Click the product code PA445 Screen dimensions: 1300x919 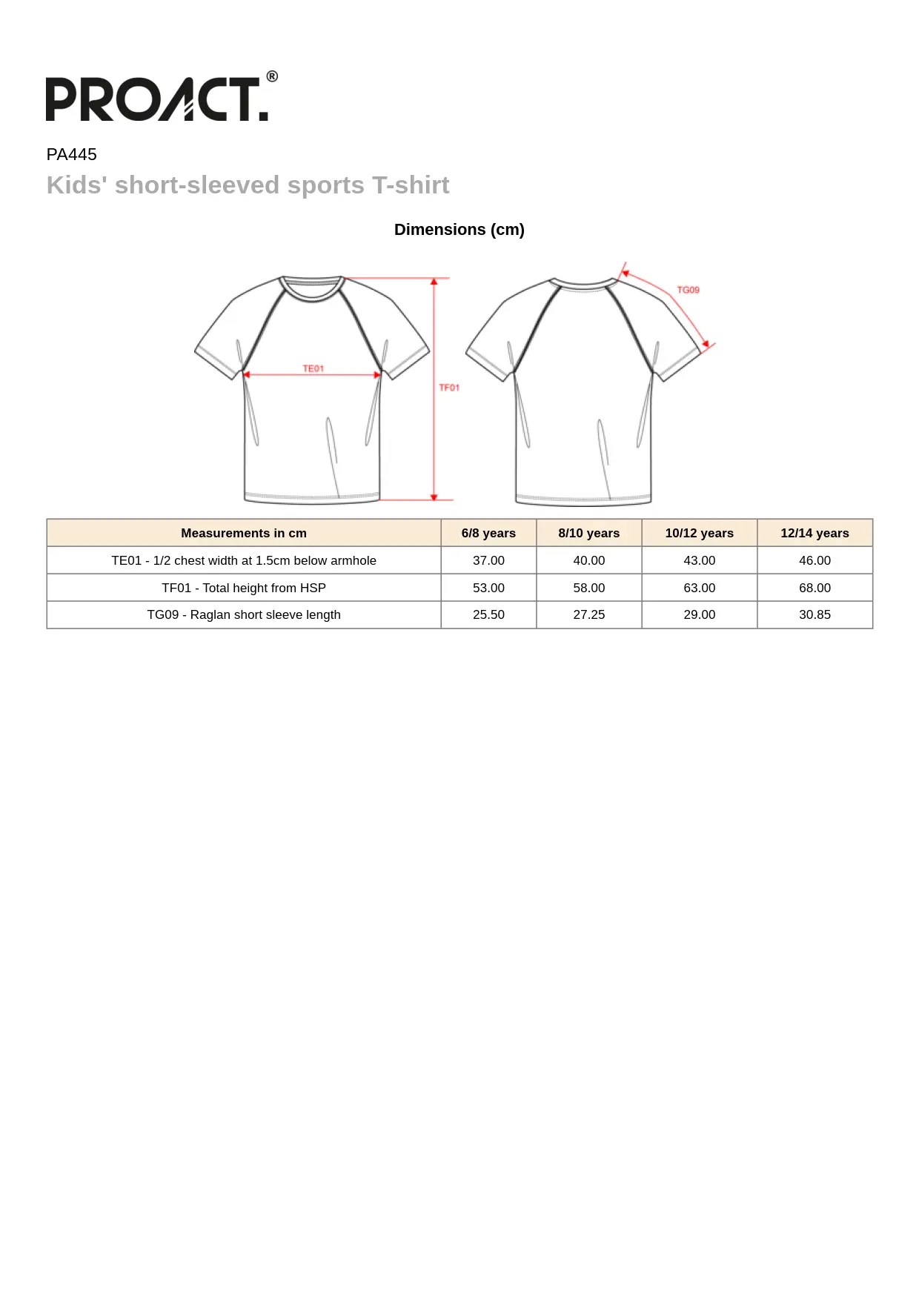pyautogui.click(x=72, y=154)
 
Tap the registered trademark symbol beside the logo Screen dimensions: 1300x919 pyautogui.click(x=272, y=76)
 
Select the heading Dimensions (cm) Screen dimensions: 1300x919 pyautogui.click(x=459, y=230)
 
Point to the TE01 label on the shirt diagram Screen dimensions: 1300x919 pyautogui.click(x=313, y=368)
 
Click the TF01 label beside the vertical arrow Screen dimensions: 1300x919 pyautogui.click(x=449, y=388)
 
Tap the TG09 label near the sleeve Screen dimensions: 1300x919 pyautogui.click(x=688, y=290)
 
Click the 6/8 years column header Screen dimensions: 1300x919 pyautogui.click(x=488, y=533)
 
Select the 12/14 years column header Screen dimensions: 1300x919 pyautogui.click(x=815, y=533)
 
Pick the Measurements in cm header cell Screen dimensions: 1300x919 pyautogui.click(x=244, y=533)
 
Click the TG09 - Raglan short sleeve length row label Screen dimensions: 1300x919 pyautogui.click(x=244, y=614)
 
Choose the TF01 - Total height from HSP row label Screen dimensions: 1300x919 pyautogui.click(x=244, y=588)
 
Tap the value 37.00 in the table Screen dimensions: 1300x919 pyautogui.click(x=488, y=560)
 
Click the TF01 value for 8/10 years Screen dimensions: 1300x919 pyautogui.click(x=588, y=588)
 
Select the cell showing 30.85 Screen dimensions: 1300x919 pyautogui.click(x=815, y=614)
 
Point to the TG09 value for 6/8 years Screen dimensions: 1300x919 pyautogui.click(x=488, y=614)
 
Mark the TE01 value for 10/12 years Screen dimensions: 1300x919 pyautogui.click(x=699, y=560)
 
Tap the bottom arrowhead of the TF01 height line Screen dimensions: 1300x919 pyautogui.click(x=434, y=497)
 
